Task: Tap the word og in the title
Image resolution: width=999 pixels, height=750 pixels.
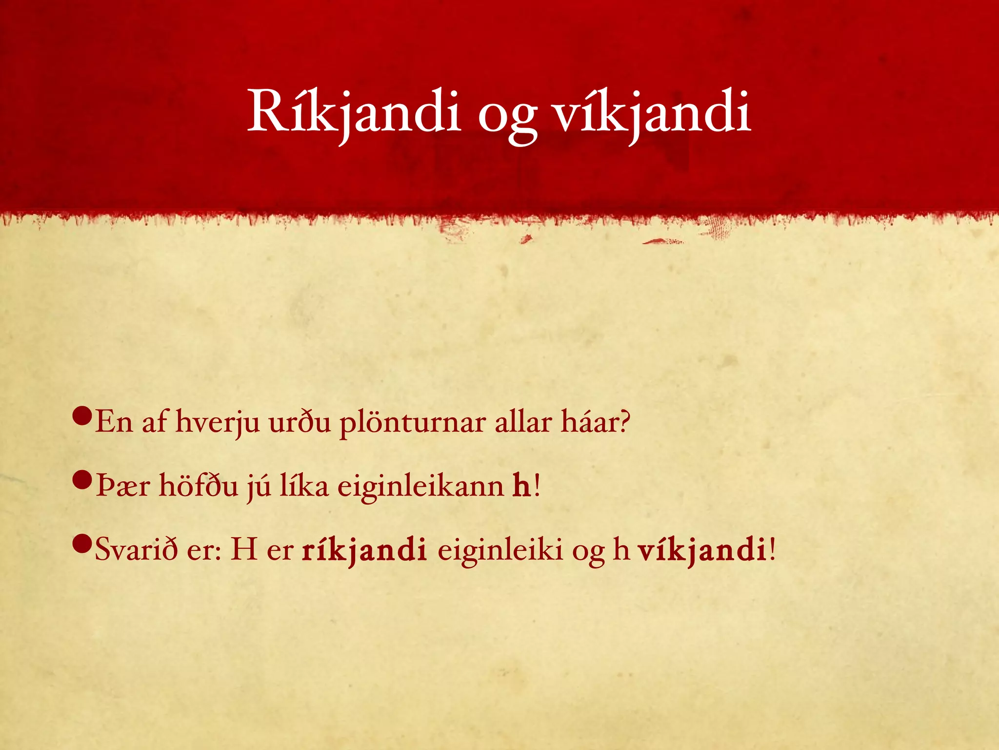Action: click(x=507, y=117)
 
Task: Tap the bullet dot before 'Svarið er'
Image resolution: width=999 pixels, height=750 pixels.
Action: click(x=81, y=543)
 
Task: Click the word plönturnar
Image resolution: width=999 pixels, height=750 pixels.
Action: click(x=412, y=423)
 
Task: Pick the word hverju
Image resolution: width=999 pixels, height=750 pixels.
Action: click(x=217, y=423)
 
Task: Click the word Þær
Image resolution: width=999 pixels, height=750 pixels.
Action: click(x=122, y=486)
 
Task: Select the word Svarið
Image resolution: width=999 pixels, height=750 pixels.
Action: click(x=136, y=549)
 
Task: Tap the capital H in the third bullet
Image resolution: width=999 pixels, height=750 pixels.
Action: click(x=244, y=549)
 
